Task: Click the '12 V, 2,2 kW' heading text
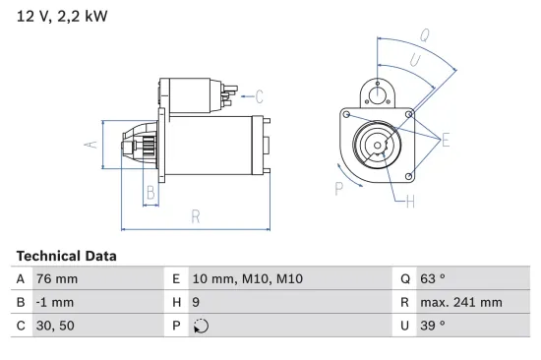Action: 62,17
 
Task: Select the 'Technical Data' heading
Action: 66,256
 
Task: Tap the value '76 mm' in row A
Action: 56,279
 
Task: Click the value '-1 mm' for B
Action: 54,303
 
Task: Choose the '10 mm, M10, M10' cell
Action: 247,279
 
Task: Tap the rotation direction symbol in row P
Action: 201,327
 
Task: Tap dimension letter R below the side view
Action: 195,216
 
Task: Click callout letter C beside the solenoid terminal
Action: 259,96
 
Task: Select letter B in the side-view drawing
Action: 150,193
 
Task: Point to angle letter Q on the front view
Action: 424,34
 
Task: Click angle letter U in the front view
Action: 414,60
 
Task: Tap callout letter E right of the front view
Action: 445,141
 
